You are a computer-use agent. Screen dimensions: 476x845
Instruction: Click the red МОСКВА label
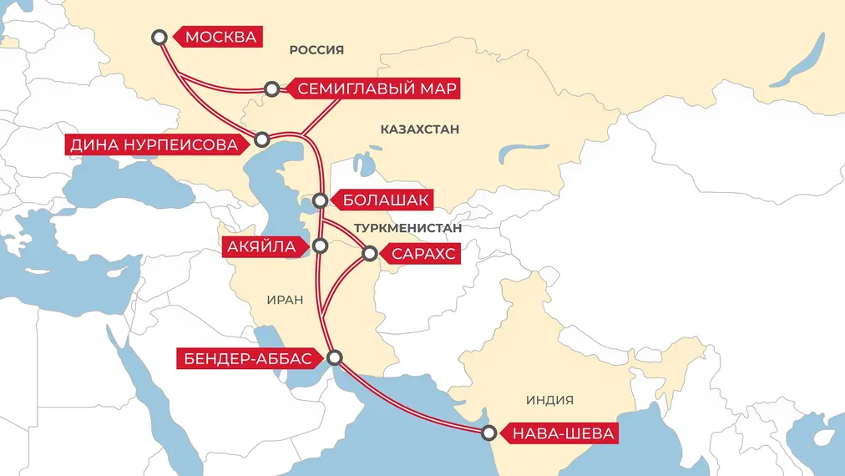click(x=220, y=38)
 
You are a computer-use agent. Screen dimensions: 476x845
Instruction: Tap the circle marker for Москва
click(x=160, y=37)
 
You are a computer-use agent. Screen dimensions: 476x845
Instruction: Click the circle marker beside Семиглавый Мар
click(x=271, y=89)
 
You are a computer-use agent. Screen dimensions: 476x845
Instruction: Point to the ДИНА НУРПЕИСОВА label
click(x=153, y=145)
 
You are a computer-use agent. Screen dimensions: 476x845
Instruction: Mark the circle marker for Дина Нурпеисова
click(x=262, y=139)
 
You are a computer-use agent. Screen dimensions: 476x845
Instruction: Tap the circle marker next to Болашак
click(x=321, y=200)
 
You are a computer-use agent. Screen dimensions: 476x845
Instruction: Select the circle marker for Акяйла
click(x=320, y=246)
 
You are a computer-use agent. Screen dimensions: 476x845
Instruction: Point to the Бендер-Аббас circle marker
click(x=335, y=357)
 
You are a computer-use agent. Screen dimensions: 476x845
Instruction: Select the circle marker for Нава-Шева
click(x=489, y=433)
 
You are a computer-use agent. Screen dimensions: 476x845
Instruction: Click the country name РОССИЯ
click(x=316, y=50)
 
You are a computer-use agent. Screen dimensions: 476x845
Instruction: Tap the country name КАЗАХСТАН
click(x=420, y=129)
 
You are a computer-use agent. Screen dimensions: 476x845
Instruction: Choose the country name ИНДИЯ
click(x=549, y=400)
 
